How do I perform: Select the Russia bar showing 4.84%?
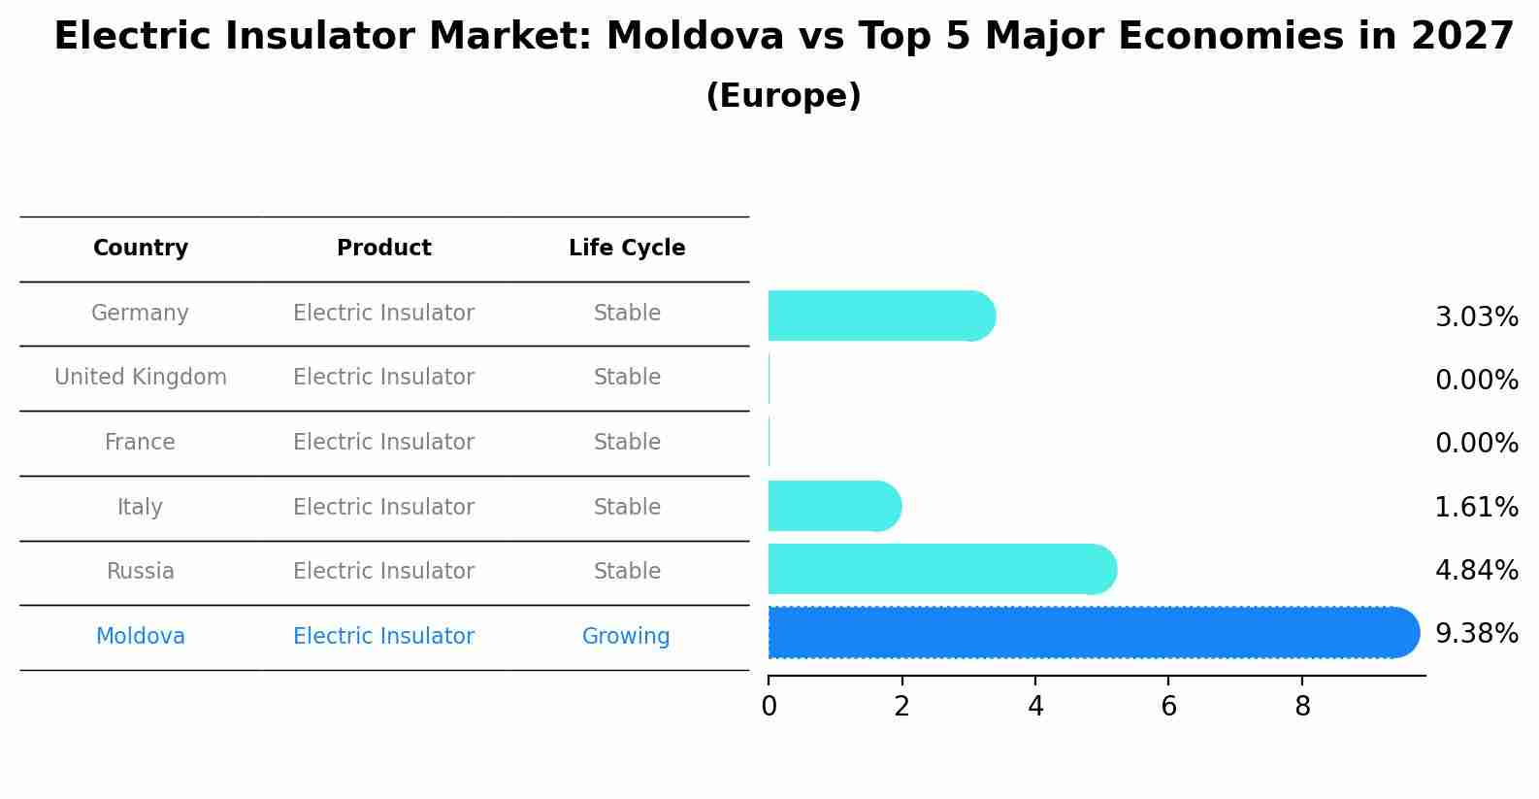tap(941, 569)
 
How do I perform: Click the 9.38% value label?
tap(1476, 634)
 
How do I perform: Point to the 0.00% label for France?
tap(1476, 444)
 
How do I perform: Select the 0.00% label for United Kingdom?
tap(1476, 381)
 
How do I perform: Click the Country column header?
tap(141, 249)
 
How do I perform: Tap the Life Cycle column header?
tap(627, 249)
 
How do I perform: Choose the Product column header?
tap(384, 249)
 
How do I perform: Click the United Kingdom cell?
tap(141, 378)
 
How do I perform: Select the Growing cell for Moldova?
tap(626, 637)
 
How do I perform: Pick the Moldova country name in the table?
tap(141, 637)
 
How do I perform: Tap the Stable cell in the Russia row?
tap(627, 572)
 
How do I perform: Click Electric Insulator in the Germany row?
tap(384, 314)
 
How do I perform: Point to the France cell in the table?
tap(141, 443)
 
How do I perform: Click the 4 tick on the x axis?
tap(1035, 707)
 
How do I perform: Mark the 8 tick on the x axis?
tap(1302, 707)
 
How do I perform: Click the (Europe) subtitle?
tap(783, 96)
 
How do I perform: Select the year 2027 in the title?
tap(1462, 37)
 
